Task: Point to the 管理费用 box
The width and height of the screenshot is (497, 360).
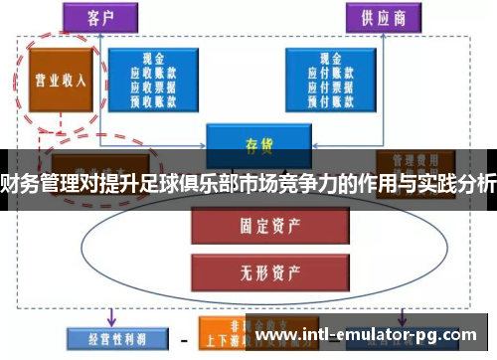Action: [414, 159]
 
